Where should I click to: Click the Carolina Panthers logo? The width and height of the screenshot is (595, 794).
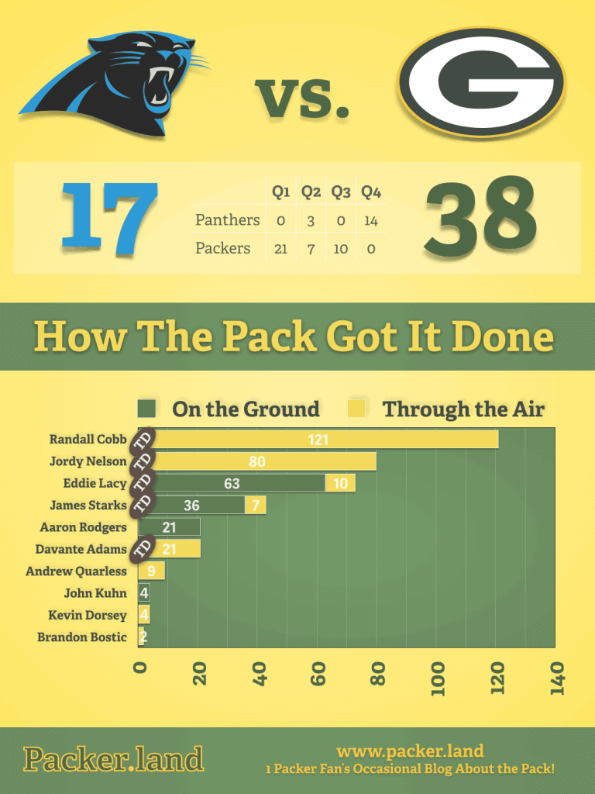pyautogui.click(x=114, y=84)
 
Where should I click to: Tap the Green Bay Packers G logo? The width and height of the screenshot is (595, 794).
pyautogui.click(x=481, y=82)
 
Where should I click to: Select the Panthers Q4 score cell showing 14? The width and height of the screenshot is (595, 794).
pyautogui.click(x=371, y=221)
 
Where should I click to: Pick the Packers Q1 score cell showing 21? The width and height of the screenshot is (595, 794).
pyautogui.click(x=280, y=249)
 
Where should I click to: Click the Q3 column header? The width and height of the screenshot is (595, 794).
pyautogui.click(x=341, y=192)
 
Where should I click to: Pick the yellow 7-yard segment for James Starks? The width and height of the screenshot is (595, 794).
pyautogui.click(x=256, y=505)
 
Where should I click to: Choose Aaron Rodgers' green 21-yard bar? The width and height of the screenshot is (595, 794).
pyautogui.click(x=169, y=527)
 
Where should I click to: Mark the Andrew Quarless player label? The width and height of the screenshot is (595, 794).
pyautogui.click(x=76, y=571)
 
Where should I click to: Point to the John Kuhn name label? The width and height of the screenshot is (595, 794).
pyautogui.click(x=95, y=593)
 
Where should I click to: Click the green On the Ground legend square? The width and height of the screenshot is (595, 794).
pyautogui.click(x=146, y=409)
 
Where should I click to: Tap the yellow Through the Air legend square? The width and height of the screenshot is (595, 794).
pyautogui.click(x=356, y=409)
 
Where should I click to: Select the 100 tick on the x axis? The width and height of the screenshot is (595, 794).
pyautogui.click(x=438, y=678)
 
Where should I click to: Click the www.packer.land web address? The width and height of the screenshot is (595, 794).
pyautogui.click(x=410, y=751)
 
